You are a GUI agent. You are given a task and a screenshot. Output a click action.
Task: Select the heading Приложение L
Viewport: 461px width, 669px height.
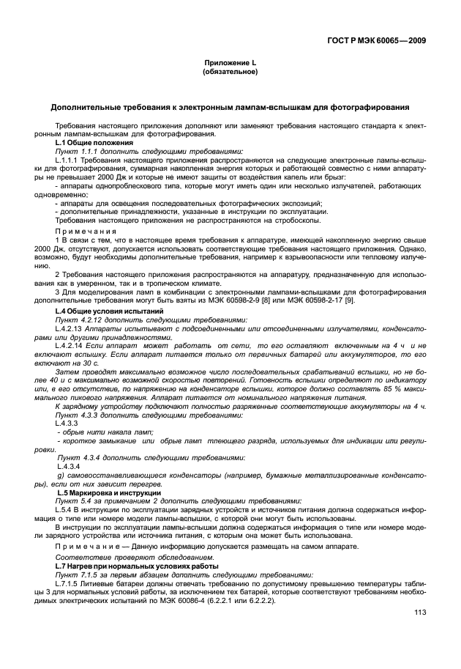(x=230, y=65)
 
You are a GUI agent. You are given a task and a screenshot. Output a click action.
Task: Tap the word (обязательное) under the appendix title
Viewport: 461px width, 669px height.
(x=230, y=73)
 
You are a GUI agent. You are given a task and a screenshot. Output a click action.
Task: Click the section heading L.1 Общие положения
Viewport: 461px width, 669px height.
(x=88, y=142)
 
